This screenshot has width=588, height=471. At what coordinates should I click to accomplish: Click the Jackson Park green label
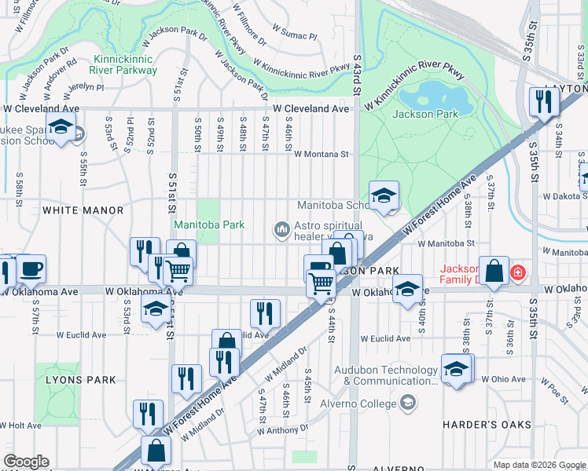pos(425,114)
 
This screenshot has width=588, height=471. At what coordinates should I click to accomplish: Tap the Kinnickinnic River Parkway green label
pos(125,64)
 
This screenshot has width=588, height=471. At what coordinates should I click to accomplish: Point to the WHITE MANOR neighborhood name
pos(83,210)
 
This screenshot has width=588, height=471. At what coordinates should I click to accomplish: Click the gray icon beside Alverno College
pos(407,403)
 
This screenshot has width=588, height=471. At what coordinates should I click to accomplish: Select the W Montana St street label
pos(322,155)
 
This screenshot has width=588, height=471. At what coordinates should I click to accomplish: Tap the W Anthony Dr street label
pos(281,430)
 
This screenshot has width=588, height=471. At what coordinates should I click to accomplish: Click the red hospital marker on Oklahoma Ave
pos(518,273)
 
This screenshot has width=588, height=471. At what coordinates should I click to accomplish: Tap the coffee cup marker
pos(31,269)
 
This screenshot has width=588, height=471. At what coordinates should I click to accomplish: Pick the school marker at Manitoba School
pos(383,195)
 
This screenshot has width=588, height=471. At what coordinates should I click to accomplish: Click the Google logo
pos(26,462)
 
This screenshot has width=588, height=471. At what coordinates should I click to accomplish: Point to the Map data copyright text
pos(538,465)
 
